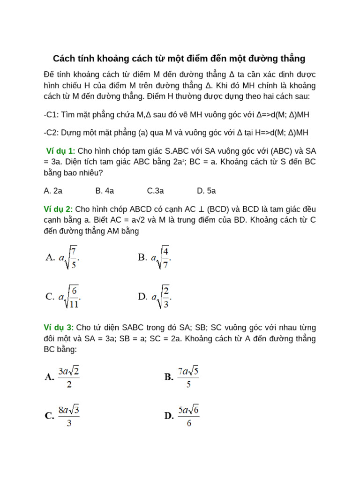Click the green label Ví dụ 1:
pos(60,151)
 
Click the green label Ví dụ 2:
pos(58,209)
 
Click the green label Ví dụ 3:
pos(59,327)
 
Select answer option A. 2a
pos(53,191)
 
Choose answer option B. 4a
pos(105,191)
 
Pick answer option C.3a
pos(155,191)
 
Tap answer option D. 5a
pos(206,191)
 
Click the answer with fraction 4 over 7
pos(155,257)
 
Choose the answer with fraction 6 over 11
pos(64,296)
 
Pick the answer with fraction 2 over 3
pos(155,296)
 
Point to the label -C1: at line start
pos(51,115)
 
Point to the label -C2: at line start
pos(51,133)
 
